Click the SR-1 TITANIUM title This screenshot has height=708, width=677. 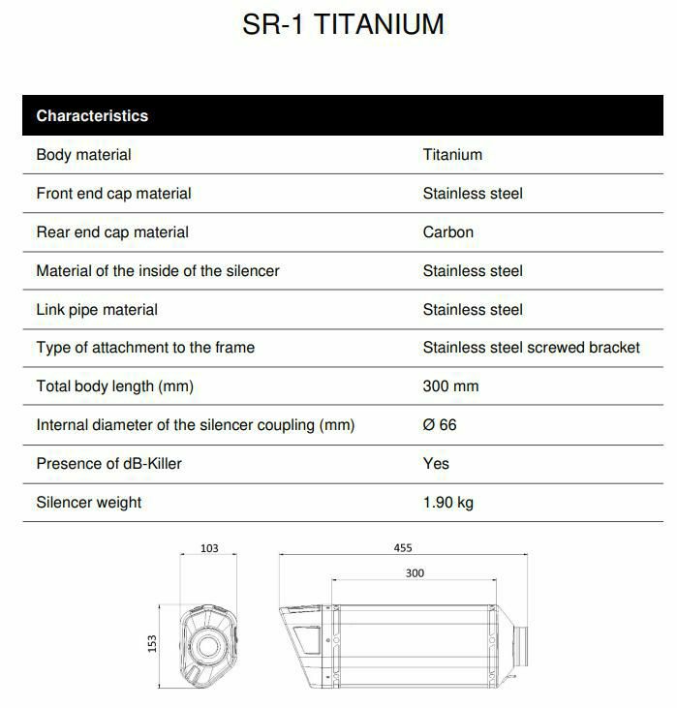point(343,24)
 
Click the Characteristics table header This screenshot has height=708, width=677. point(92,115)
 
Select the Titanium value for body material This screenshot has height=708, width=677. point(451,154)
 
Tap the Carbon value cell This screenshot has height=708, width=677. point(447,231)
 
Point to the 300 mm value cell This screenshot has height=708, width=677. point(450,385)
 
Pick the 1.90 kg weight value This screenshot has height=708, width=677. point(447,502)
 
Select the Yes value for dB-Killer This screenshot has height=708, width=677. point(436,463)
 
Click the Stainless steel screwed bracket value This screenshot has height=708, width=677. point(531,347)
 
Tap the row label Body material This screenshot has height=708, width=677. point(83,154)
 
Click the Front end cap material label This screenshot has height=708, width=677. point(113,193)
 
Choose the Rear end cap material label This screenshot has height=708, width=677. point(112,231)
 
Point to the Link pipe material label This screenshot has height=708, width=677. point(97,309)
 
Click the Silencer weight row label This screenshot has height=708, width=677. point(88,502)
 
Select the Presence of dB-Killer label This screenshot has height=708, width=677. point(108,463)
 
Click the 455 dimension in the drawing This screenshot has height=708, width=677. point(402,547)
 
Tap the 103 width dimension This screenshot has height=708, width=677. point(209,548)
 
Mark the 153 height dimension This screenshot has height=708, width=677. point(152,643)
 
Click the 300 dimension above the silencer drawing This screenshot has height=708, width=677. point(415,572)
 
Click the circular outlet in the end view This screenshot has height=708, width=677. point(206,646)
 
